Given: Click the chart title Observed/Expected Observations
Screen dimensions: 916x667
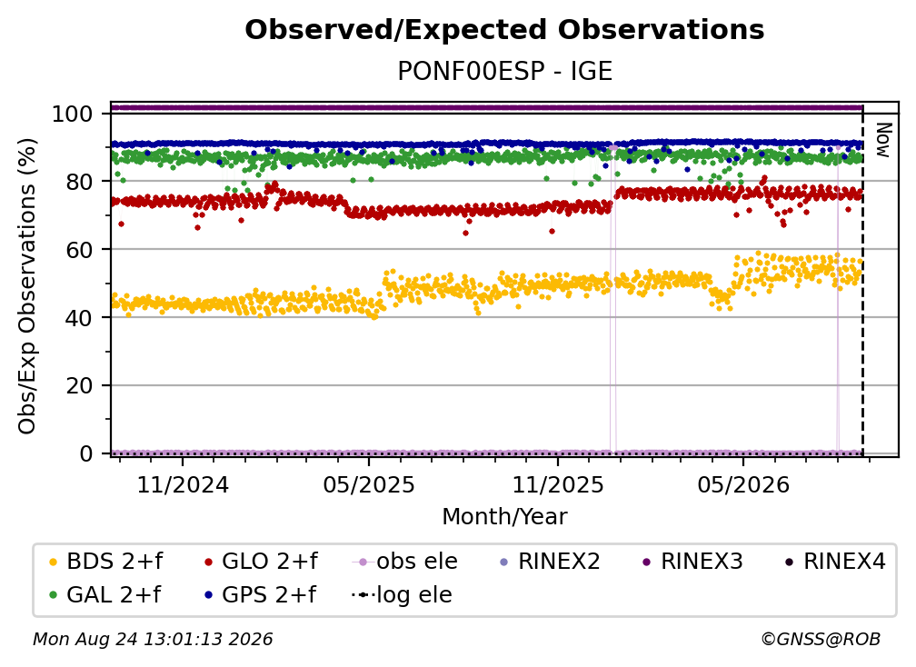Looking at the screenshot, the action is (504, 30).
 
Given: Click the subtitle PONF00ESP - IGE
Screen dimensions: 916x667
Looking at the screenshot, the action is (504, 72).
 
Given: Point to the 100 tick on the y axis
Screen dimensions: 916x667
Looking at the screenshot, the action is (73, 114).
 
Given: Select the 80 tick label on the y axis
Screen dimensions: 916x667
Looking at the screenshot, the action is (79, 182).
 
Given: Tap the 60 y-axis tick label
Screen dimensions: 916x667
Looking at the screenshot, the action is (79, 249).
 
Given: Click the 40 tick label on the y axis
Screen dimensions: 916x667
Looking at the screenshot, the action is (79, 318).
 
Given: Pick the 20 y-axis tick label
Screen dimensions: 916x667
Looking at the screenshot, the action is (79, 385).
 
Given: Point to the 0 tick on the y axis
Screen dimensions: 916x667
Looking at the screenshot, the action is (86, 453).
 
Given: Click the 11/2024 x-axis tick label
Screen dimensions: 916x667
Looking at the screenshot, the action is (183, 484).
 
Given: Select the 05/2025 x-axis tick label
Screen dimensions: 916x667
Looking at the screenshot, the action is (369, 484).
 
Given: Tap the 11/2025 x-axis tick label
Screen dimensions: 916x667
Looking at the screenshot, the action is (558, 484).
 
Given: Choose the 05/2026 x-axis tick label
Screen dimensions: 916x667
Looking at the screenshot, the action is (743, 484).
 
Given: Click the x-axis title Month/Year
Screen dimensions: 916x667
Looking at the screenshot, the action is (504, 516).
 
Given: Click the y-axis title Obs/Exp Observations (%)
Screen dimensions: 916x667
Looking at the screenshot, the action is (27, 286).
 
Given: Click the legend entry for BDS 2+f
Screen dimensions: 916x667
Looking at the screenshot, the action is (105, 562).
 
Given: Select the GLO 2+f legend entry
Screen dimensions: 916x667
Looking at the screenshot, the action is (261, 562).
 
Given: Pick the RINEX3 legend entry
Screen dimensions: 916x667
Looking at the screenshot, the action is (692, 562).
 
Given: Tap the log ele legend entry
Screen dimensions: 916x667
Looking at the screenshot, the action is (402, 595).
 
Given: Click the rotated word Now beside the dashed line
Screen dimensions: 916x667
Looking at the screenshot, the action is (882, 140).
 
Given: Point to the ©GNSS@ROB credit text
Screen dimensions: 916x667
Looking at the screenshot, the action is (821, 640).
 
